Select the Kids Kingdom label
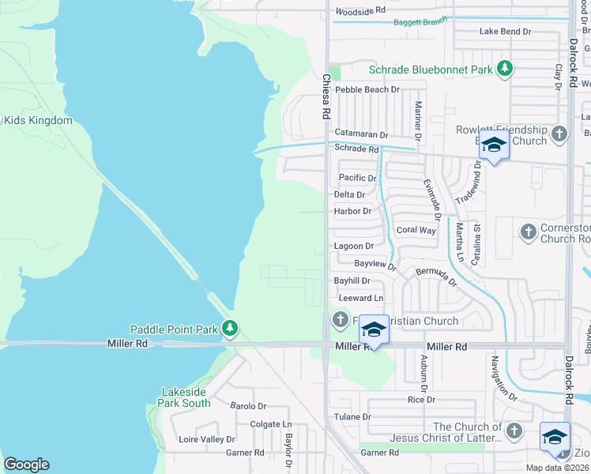click(x=39, y=121)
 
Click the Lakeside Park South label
click(x=186, y=397)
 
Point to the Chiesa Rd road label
click(x=325, y=96)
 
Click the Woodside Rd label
click(x=359, y=11)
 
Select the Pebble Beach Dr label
click(x=367, y=90)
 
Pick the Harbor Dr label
click(x=352, y=211)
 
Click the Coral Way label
click(x=416, y=230)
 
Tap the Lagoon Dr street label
click(x=353, y=246)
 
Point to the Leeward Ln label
click(x=360, y=298)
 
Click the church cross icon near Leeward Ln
click(x=340, y=320)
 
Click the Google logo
click(x=26, y=465)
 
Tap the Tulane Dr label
click(x=352, y=416)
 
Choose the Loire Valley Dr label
click(x=207, y=439)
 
